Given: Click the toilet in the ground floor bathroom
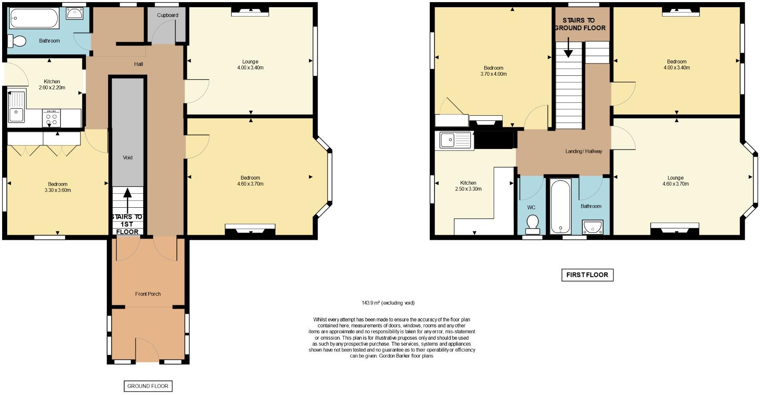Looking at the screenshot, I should click(17, 41).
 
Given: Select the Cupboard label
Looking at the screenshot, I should click(167, 15).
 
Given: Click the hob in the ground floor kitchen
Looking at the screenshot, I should click(51, 118).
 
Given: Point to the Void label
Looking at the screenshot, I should click(128, 157).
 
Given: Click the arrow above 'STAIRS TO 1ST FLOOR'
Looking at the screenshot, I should click(127, 198).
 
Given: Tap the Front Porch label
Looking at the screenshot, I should click(148, 294).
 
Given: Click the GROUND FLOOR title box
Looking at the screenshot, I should click(148, 386).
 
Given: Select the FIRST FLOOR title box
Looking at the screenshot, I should click(587, 275).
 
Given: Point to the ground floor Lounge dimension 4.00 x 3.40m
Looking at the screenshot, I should click(250, 68).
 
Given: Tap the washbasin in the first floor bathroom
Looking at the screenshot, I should click(592, 227).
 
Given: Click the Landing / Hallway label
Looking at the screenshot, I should click(584, 152).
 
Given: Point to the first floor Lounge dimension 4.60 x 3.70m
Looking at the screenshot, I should click(675, 184).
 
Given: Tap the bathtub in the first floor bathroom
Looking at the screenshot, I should click(560, 206).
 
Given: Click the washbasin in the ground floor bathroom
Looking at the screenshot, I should click(75, 13).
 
